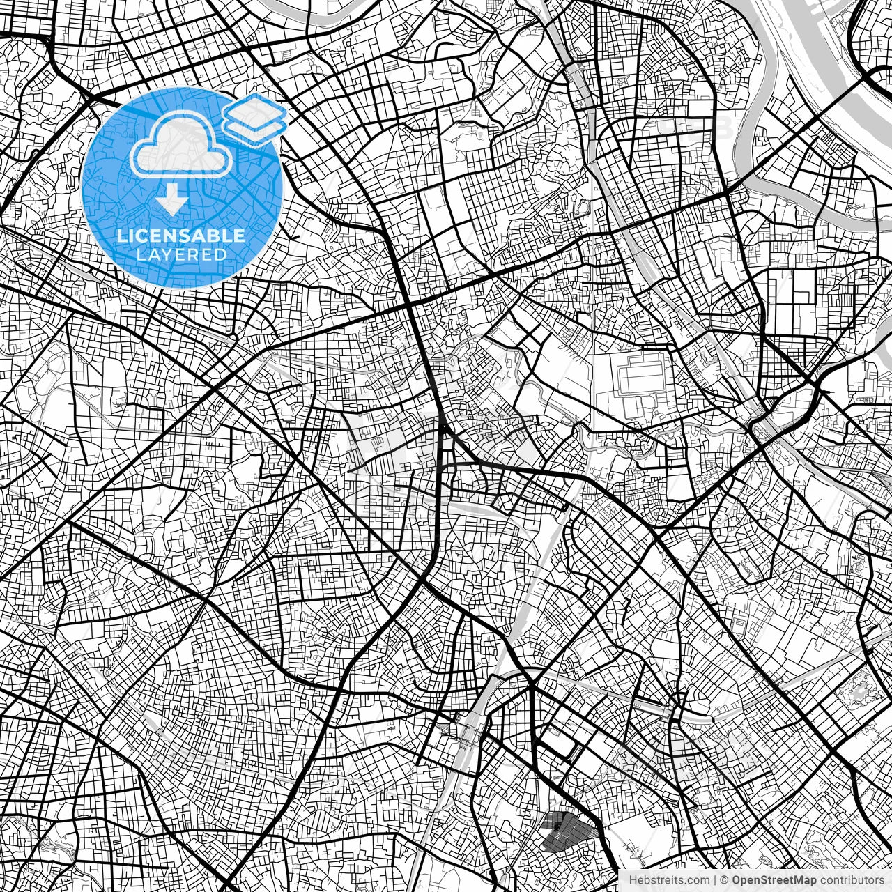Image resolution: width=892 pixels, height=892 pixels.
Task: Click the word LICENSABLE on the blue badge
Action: click(x=181, y=236)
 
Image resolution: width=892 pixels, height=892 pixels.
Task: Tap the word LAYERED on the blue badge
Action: click(x=182, y=254)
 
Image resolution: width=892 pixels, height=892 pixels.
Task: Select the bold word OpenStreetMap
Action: click(x=772, y=880)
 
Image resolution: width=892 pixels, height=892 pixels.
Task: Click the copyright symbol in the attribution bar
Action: click(x=725, y=880)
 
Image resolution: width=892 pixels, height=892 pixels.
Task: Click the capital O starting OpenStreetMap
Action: click(x=737, y=880)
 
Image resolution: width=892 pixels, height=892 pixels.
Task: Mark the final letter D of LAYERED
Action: click(x=221, y=254)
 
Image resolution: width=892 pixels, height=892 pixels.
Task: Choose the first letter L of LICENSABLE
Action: click(x=121, y=236)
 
